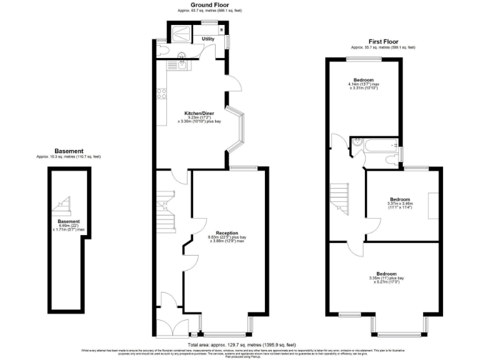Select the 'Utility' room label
[x=208, y=39]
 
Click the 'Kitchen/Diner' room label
[x=195, y=113]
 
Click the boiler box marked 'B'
[x=221, y=30]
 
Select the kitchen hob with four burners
[x=161, y=94]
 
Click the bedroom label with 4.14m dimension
[x=364, y=80]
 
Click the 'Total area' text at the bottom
[x=241, y=345]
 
